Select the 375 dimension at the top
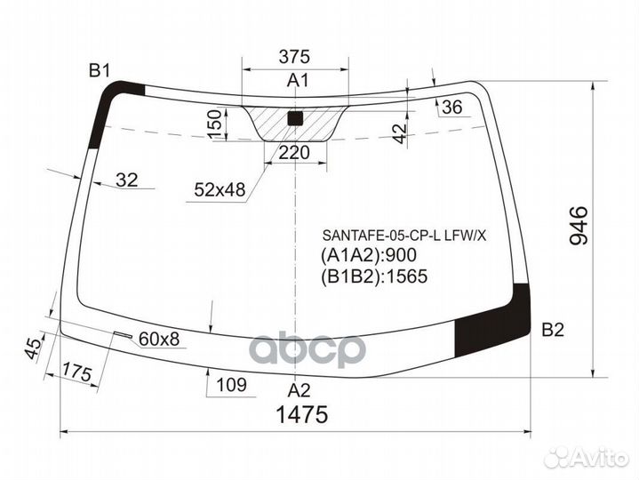(x=294, y=56)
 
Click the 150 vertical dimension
(x=214, y=124)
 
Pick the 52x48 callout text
(x=220, y=189)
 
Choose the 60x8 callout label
(x=159, y=338)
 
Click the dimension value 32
(x=127, y=180)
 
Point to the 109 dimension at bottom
(x=230, y=386)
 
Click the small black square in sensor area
(x=296, y=117)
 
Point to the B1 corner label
(x=98, y=71)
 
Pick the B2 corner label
(x=553, y=330)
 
